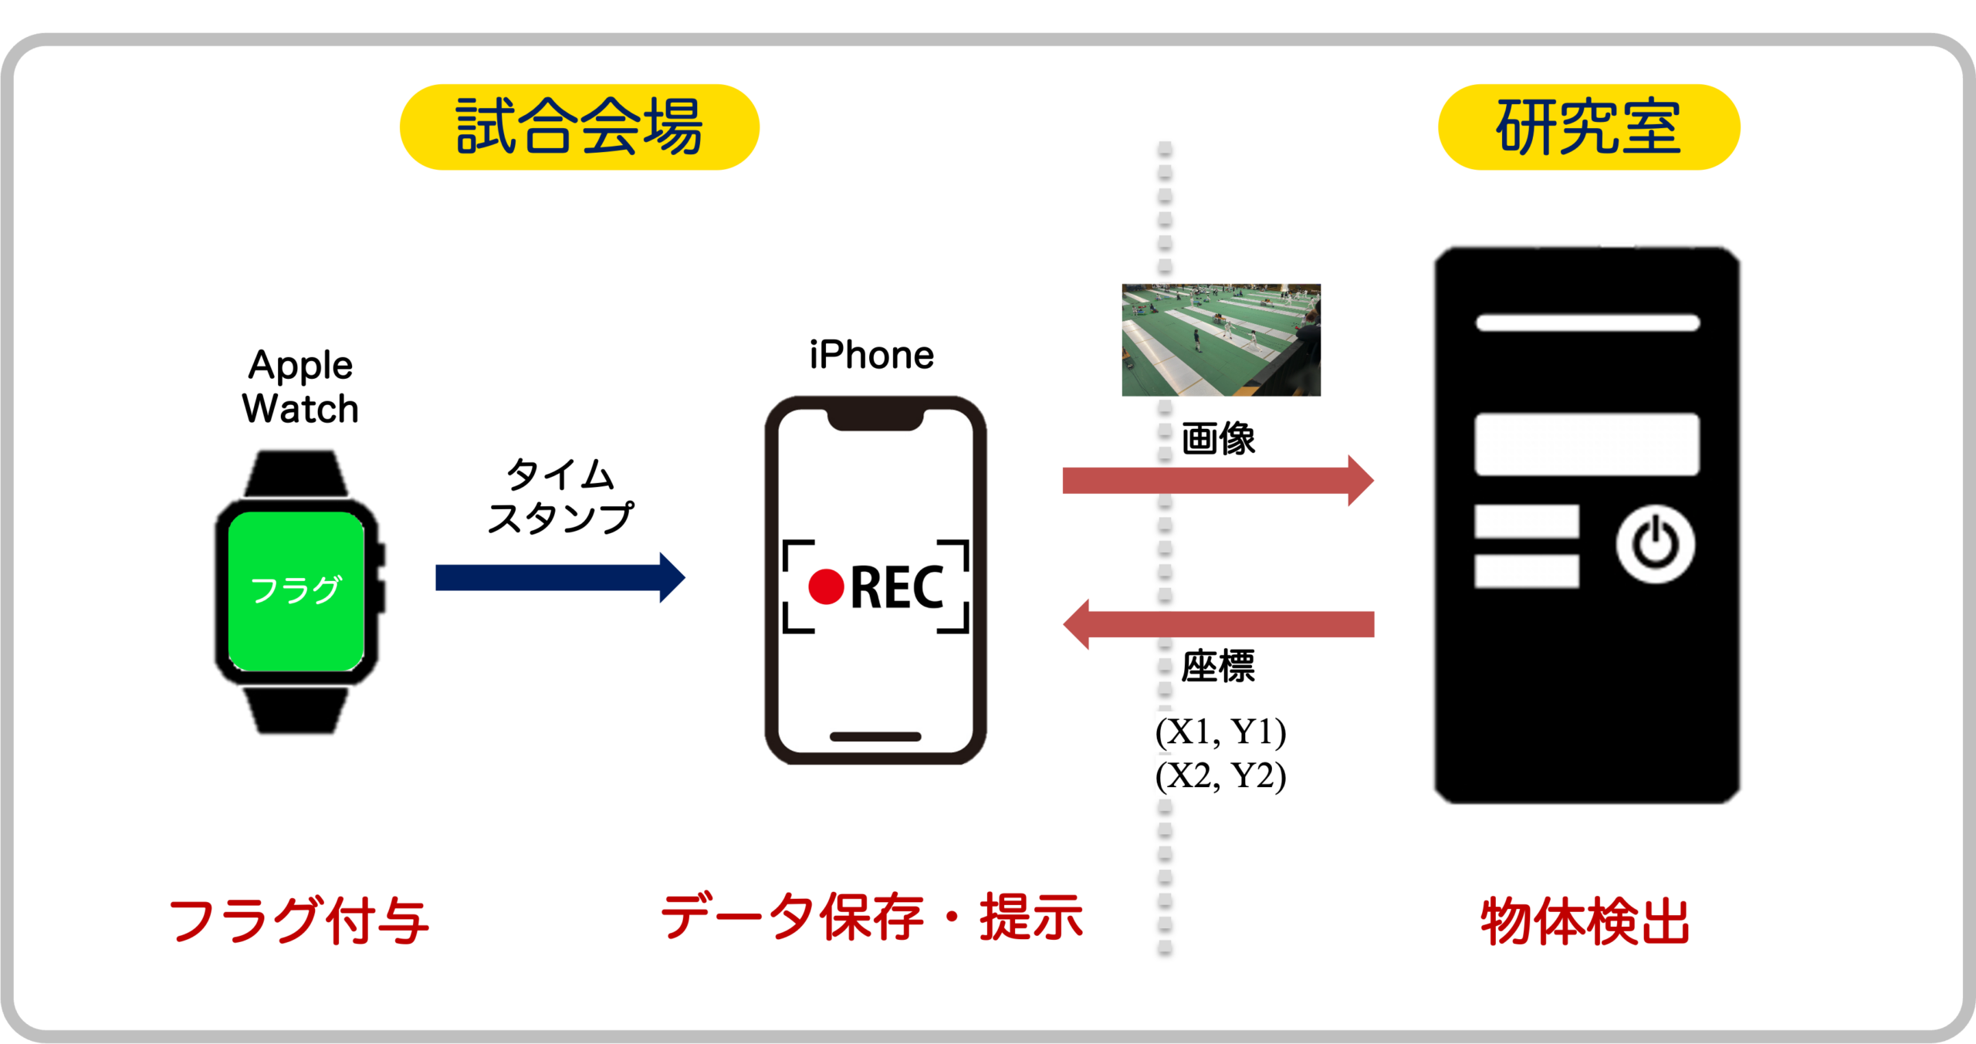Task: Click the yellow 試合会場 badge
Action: click(579, 127)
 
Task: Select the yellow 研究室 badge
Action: click(1589, 127)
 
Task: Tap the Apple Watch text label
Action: click(300, 387)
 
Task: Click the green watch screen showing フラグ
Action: click(296, 590)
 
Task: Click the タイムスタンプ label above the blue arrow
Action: click(560, 496)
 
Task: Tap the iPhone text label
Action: click(871, 356)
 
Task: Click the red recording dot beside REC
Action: click(826, 587)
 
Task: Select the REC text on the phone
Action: click(897, 588)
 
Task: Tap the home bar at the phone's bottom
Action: click(875, 737)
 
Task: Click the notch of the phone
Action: click(875, 420)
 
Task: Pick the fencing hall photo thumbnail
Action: click(1221, 340)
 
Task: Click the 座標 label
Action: click(1219, 667)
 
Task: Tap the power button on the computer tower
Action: click(1655, 544)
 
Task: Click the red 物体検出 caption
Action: click(1585, 921)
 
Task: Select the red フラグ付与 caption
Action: click(299, 921)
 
